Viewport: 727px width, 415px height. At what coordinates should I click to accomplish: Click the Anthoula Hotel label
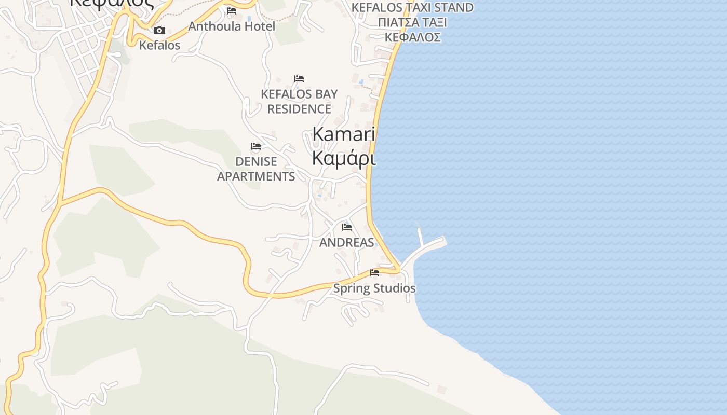pos(232,26)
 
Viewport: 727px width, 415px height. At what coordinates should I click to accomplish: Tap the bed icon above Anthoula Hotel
pos(232,10)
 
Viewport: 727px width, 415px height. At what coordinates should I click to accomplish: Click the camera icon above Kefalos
pos(159,31)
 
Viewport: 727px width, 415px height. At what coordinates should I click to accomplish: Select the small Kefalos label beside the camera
pos(159,45)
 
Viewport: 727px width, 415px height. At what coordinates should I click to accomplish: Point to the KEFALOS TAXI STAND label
pos(412,8)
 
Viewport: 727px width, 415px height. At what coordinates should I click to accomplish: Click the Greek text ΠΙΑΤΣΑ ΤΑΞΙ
pos(412,23)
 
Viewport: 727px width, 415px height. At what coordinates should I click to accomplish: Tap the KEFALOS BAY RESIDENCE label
pos(299,102)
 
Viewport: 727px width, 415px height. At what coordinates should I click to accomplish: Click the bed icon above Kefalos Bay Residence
pos(299,79)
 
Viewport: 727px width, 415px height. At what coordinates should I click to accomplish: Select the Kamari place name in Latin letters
pos(343,134)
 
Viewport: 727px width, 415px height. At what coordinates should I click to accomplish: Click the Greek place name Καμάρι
pos(343,158)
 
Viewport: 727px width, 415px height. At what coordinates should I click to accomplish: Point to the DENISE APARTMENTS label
pos(256,169)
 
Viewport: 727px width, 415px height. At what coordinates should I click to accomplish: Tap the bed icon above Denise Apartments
pos(256,146)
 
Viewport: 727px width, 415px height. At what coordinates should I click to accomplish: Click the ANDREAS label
pos(346,242)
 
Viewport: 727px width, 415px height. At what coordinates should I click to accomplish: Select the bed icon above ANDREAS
pos(347,227)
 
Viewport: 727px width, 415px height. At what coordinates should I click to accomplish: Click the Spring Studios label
pos(374,288)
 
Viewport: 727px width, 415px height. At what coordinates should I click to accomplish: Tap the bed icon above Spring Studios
pos(374,273)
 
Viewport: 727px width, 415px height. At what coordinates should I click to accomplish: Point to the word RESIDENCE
pos(299,109)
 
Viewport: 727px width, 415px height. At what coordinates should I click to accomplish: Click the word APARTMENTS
pos(256,176)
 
